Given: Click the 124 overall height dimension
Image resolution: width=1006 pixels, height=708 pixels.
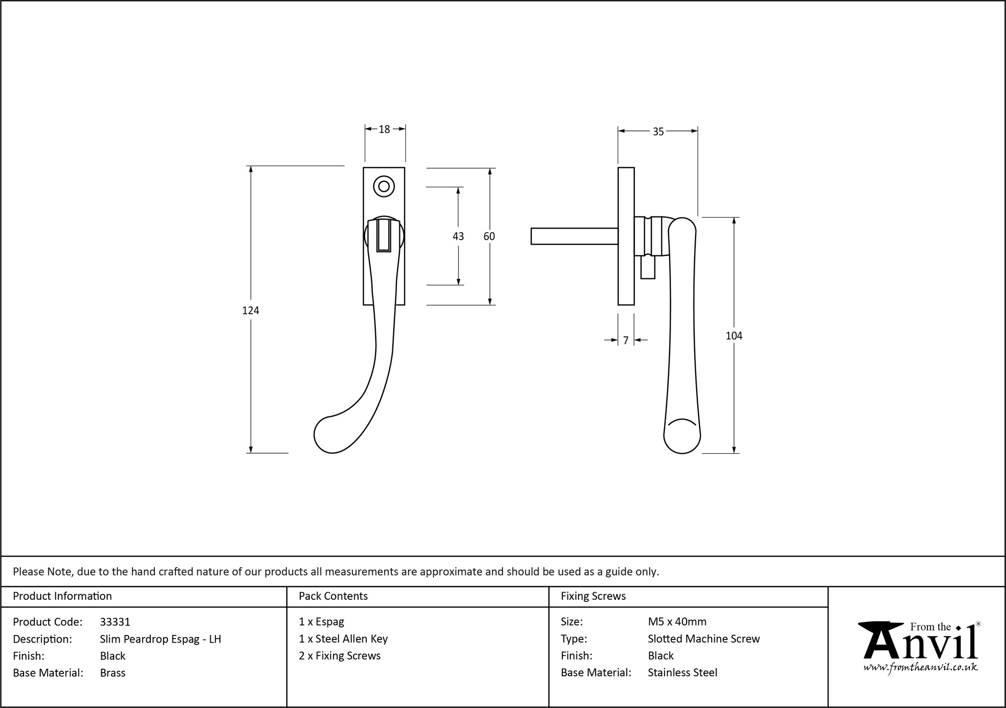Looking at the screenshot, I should pos(250,311).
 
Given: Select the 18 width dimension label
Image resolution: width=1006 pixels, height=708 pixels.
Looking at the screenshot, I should pos(384,129).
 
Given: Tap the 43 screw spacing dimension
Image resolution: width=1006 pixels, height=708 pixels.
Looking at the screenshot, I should pos(458,236).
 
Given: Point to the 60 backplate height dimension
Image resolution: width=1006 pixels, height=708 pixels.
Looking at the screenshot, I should pos(489,236).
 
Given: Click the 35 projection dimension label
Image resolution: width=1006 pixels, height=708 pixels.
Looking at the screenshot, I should pos(658,131).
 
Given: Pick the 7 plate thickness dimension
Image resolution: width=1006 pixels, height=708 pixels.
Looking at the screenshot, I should pos(626,341).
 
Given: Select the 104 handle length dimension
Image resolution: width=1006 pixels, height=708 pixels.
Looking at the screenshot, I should pos(733,336).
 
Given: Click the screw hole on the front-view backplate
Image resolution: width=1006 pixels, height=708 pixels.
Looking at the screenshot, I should pos(384,186).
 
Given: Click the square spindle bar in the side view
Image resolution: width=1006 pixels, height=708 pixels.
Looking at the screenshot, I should pos(573,236).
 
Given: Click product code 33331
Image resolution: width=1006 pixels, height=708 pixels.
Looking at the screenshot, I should pos(115,622).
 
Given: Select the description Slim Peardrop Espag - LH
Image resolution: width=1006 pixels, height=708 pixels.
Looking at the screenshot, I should pos(160,639).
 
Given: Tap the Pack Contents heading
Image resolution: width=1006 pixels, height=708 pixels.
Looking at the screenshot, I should pos(333,596).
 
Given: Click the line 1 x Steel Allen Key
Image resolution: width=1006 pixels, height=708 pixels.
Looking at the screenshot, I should pos(343,639).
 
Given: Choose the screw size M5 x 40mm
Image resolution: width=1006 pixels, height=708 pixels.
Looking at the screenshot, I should pos(677,622).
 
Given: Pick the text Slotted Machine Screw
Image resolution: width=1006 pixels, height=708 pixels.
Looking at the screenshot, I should pos(704,639).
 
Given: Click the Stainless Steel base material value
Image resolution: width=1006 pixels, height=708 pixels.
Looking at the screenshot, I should pos(683,673).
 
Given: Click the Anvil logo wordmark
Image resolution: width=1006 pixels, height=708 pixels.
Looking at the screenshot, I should pos(920,642).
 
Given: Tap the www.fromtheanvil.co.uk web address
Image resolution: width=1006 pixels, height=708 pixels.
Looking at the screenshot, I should pos(920,667).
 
